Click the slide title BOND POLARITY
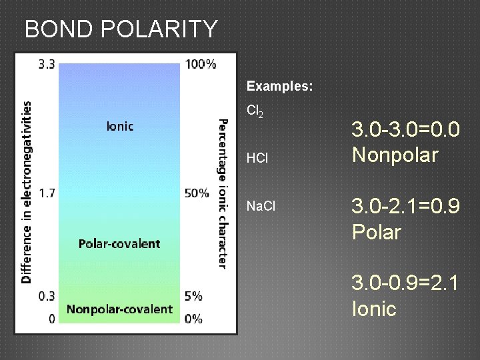(x=121, y=29)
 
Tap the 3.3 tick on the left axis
(x=47, y=65)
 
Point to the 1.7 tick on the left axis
(x=47, y=193)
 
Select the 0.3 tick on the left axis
(x=47, y=295)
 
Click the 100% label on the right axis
(x=201, y=65)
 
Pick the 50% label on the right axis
(x=197, y=193)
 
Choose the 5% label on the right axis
(x=194, y=295)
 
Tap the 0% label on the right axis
(x=193, y=319)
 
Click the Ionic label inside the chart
(x=120, y=126)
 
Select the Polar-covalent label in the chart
(x=119, y=243)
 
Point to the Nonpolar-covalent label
(x=119, y=309)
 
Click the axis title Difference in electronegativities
(x=27, y=193)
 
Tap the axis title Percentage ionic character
(x=222, y=193)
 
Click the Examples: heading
(x=280, y=87)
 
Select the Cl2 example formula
(x=255, y=112)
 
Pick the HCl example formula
(x=257, y=159)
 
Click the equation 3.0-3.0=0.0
(x=405, y=129)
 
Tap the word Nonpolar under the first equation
(x=395, y=155)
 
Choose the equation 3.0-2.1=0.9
(x=405, y=207)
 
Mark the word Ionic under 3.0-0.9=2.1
(x=374, y=309)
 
